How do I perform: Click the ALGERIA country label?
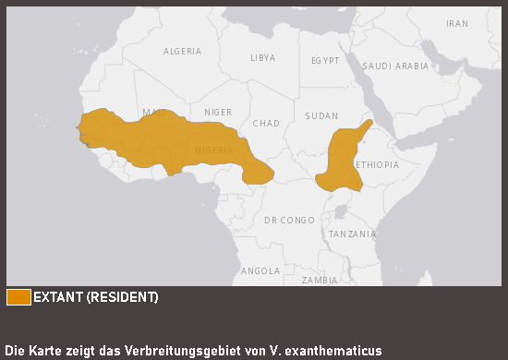tap(182, 52)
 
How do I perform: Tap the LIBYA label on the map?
tap(262, 57)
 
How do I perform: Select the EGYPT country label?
tap(325, 61)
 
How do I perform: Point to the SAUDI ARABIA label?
tap(395, 66)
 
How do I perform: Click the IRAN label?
tap(456, 24)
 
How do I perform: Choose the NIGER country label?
tap(218, 113)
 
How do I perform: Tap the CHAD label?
tap(265, 124)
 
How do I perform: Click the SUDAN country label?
tap(321, 116)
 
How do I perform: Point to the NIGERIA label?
tap(214, 150)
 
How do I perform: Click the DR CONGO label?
tap(289, 221)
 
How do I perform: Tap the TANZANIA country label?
tap(352, 234)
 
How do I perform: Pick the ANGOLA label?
tap(260, 271)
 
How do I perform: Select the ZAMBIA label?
tap(320, 280)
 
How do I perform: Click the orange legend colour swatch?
tap(18, 297)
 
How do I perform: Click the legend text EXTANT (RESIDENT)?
tap(96, 297)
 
